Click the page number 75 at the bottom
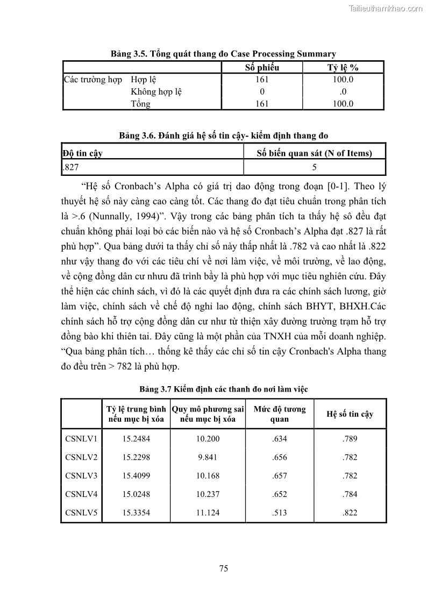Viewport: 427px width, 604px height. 224,569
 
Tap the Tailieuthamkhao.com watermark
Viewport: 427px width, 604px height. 386,8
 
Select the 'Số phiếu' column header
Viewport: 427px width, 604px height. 262,68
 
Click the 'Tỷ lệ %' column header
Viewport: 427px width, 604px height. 343,68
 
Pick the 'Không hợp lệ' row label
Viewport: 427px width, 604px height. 156,91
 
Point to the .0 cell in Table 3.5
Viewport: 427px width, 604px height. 343,91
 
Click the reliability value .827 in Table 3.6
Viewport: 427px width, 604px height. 71,167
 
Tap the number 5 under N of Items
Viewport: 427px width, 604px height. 314,167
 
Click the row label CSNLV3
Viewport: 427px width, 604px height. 81,475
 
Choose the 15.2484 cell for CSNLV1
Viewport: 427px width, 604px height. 136,439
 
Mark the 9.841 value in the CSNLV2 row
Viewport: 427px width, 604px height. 208,457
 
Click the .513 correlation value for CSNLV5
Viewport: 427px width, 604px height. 280,513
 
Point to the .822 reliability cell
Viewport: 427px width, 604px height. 350,513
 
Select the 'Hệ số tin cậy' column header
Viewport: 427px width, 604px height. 350,414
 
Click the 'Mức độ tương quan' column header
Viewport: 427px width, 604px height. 280,414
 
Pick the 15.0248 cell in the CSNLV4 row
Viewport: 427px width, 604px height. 136,494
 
